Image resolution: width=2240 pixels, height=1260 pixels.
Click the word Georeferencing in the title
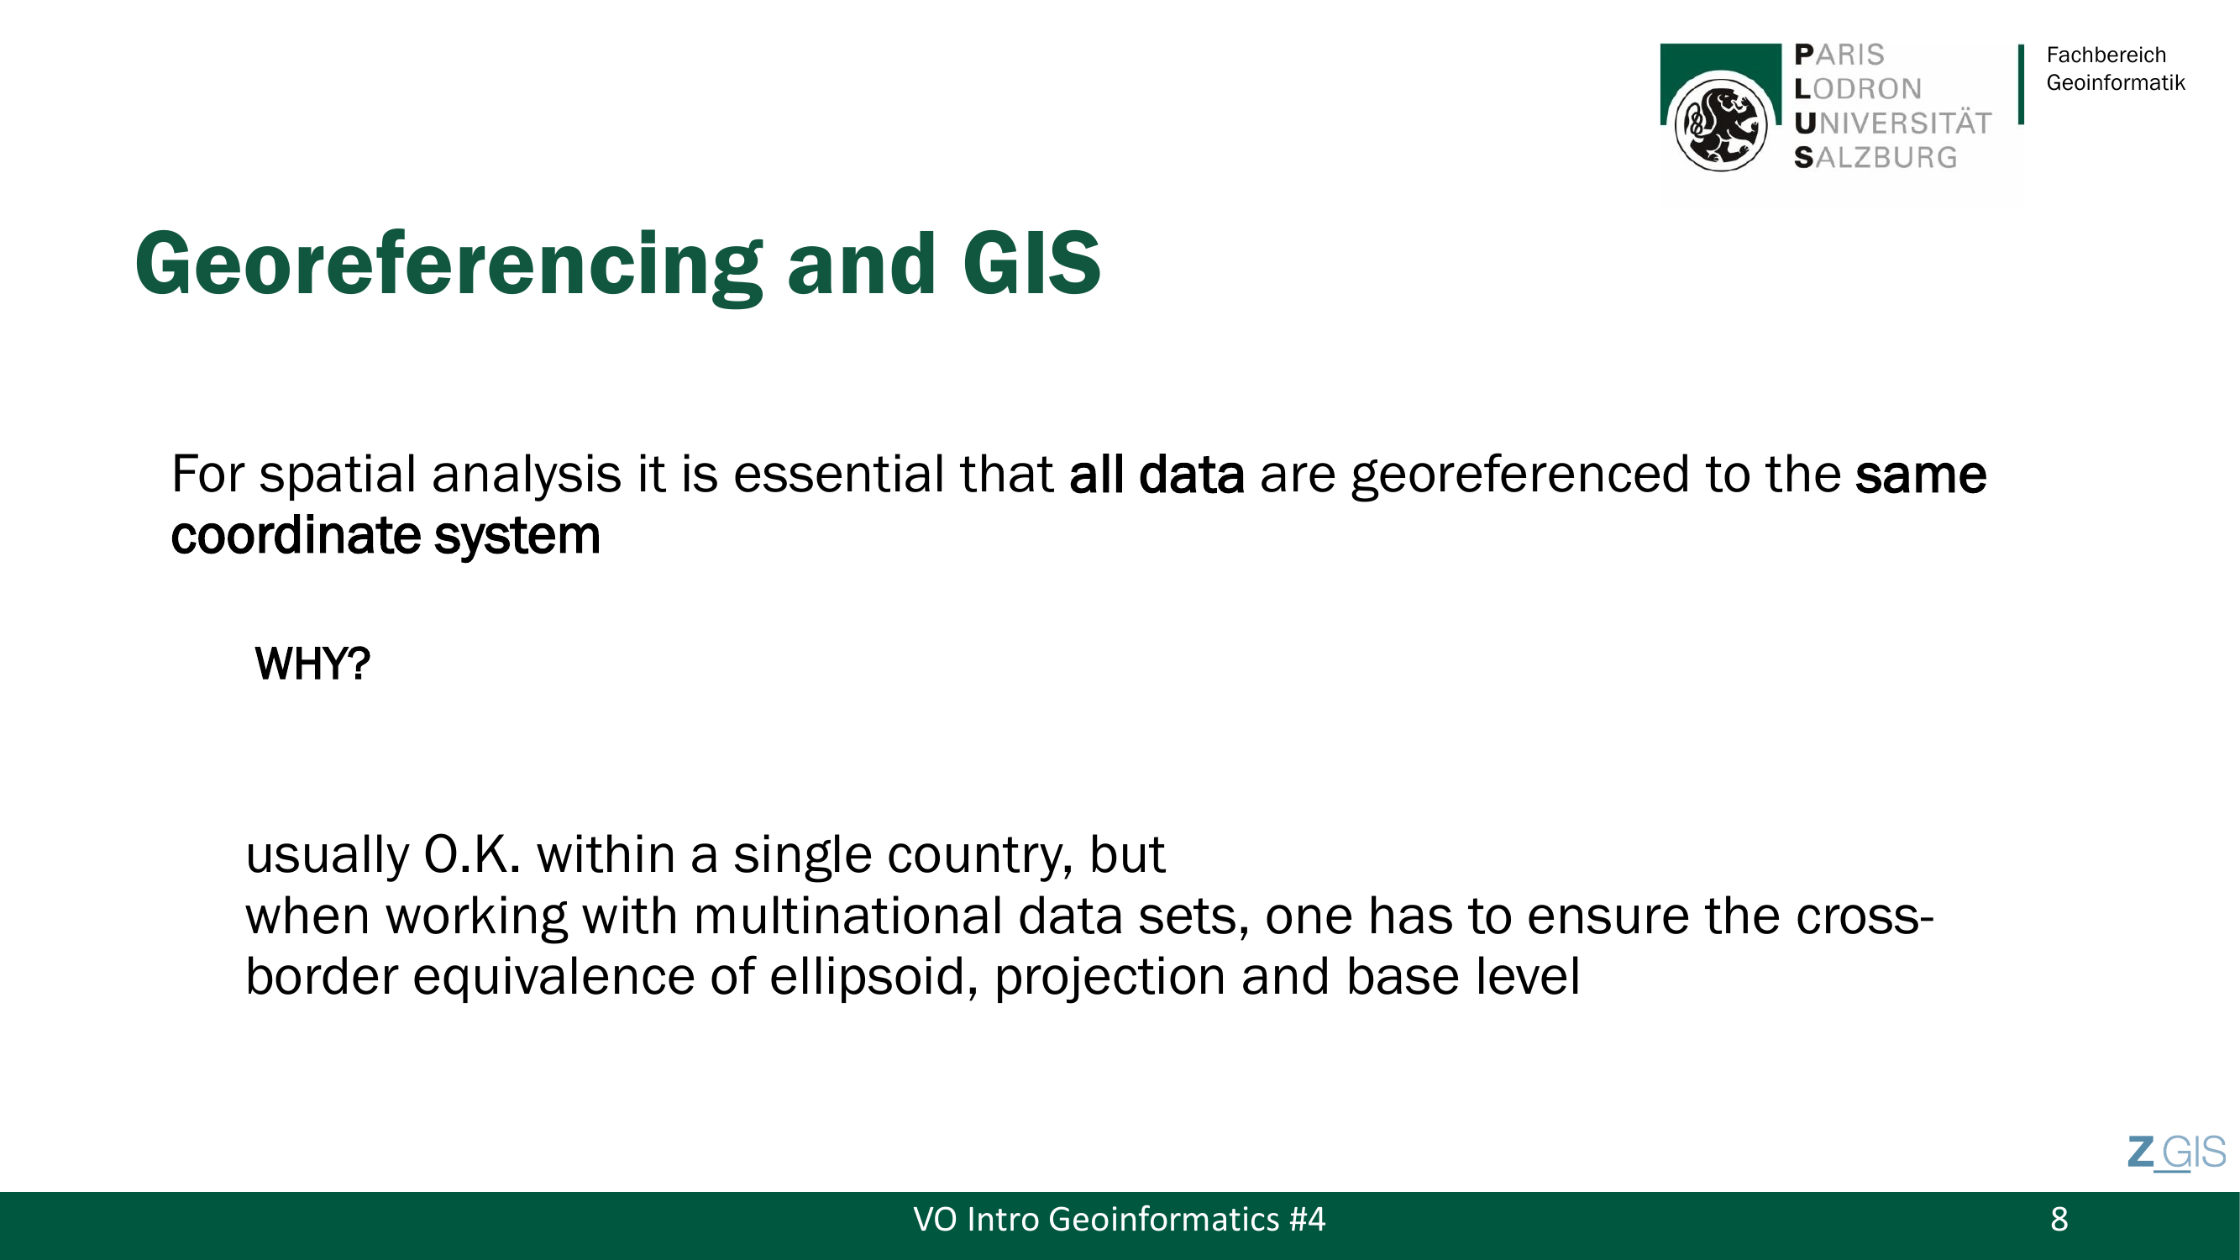[x=449, y=266]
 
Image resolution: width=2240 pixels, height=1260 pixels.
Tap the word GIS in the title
[x=1032, y=263]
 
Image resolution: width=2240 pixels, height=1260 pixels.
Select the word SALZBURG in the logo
[x=1875, y=157]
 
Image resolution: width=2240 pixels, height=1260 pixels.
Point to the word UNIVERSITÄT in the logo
[x=1892, y=123]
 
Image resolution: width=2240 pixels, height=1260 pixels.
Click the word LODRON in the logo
[x=1857, y=89]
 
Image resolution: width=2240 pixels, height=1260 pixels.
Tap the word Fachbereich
[x=2106, y=55]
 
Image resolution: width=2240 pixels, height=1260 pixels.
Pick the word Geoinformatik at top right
[x=2116, y=82]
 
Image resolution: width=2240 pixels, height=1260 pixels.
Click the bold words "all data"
[x=1157, y=475]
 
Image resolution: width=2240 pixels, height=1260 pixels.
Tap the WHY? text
[x=312, y=664]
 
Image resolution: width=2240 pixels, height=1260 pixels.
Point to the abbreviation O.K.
[x=472, y=855]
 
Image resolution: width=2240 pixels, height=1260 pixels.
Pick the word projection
[x=1110, y=978]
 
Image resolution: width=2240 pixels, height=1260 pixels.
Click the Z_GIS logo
[x=2176, y=1153]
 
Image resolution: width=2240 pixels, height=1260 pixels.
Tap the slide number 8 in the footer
[x=2059, y=1220]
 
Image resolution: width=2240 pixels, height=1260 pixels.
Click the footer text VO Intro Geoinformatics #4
[x=1119, y=1220]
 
